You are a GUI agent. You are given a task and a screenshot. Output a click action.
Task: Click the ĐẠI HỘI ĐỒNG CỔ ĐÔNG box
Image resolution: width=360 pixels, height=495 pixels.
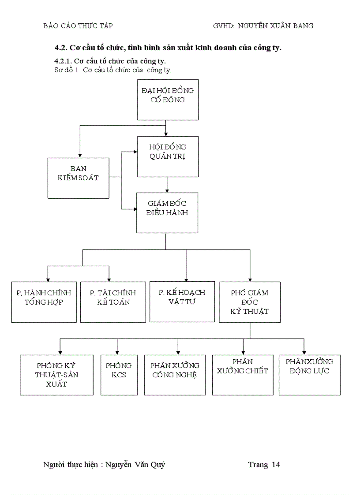click(168, 100)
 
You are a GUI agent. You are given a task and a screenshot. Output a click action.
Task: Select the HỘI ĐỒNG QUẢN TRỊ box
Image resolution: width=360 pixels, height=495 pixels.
click(168, 156)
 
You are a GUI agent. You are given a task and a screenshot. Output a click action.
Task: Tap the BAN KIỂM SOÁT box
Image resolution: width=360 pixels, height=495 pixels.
click(78, 178)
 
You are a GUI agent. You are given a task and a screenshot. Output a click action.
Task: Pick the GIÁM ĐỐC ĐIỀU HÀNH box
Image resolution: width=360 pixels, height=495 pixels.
click(167, 213)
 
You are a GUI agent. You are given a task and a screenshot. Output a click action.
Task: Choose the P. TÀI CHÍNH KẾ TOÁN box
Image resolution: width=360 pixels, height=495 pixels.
click(113, 302)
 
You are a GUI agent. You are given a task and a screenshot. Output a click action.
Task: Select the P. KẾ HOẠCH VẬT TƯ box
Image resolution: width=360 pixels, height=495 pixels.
click(182, 301)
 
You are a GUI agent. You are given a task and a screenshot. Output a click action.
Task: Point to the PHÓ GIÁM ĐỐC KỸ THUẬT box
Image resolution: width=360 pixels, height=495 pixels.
click(249, 302)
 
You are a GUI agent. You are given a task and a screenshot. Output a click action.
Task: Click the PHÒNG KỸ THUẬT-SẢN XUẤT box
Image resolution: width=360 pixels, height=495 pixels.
click(56, 375)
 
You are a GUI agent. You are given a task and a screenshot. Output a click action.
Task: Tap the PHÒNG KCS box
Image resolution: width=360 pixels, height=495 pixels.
click(118, 375)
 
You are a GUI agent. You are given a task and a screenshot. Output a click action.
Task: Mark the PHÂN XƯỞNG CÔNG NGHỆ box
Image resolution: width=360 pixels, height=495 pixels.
click(175, 375)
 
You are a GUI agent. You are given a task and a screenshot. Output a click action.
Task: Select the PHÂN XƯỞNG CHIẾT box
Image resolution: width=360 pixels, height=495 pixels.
click(243, 375)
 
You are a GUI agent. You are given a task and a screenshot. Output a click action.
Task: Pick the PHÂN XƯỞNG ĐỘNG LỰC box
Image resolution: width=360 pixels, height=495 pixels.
click(309, 375)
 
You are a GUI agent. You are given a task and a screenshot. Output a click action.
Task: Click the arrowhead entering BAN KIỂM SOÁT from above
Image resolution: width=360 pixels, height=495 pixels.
click(79, 155)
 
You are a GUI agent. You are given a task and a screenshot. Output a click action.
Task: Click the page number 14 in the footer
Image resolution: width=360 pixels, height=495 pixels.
click(276, 465)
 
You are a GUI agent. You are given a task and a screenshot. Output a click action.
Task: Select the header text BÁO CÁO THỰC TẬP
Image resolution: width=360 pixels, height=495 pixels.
click(78, 26)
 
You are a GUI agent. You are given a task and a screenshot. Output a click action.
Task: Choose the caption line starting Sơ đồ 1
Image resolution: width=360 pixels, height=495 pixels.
click(112, 70)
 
